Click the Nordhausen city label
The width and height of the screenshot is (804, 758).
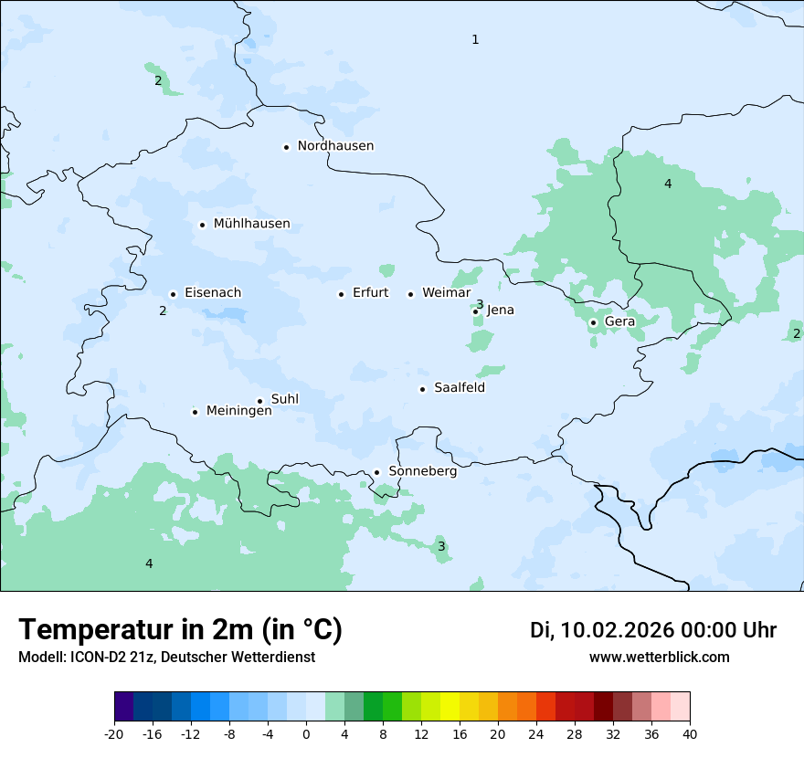click(x=335, y=146)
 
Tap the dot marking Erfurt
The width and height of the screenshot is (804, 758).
click(x=341, y=294)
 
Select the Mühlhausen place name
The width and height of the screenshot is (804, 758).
click(x=251, y=224)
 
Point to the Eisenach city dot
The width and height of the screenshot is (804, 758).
click(x=173, y=294)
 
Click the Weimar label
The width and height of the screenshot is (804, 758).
click(x=446, y=293)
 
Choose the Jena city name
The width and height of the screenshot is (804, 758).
click(x=500, y=311)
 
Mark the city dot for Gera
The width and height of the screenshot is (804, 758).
click(x=593, y=322)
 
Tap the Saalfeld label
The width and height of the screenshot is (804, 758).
click(x=459, y=388)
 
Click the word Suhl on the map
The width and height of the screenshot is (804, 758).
click(x=284, y=399)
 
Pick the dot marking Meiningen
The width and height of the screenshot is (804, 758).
click(x=195, y=412)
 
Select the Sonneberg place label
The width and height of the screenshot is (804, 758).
click(x=422, y=471)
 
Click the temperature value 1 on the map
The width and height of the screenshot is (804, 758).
click(x=475, y=39)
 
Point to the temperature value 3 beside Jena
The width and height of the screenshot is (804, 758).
click(x=480, y=304)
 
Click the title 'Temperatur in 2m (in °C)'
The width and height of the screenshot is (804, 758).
click(x=180, y=630)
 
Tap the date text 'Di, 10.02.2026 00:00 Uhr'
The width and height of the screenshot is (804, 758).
click(x=653, y=630)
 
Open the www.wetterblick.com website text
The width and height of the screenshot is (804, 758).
click(x=659, y=657)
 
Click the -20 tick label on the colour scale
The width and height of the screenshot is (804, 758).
click(x=114, y=733)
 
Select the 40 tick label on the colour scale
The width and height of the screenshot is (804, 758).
click(x=690, y=733)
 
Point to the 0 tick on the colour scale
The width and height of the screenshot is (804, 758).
click(x=306, y=733)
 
